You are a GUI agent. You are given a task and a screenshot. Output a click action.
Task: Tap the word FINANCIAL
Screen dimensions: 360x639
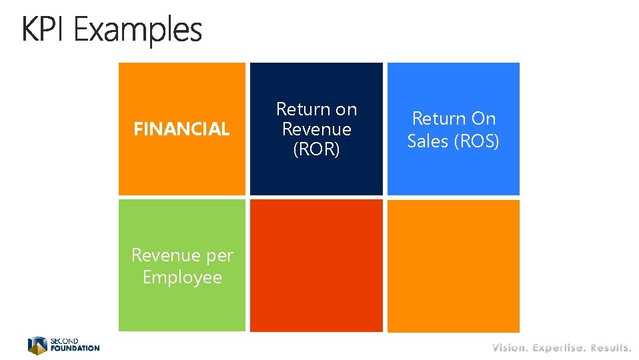tap(181, 129)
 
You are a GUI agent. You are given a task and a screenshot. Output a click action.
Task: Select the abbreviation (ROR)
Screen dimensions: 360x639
tap(317, 149)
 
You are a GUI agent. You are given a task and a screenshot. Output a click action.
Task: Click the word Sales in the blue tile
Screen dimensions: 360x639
tap(428, 141)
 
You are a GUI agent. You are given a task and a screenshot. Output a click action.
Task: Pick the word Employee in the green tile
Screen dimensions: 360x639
tap(182, 277)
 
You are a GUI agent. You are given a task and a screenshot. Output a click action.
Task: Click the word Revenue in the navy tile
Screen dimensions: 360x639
tap(317, 129)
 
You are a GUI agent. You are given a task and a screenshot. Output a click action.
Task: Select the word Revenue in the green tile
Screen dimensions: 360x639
tap(165, 255)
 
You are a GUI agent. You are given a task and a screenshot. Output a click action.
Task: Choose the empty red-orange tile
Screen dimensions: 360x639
tap(316, 265)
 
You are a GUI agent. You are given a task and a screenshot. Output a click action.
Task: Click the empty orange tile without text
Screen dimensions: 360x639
tap(453, 265)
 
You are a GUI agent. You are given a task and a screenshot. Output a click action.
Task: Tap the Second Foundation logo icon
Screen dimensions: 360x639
tap(37, 345)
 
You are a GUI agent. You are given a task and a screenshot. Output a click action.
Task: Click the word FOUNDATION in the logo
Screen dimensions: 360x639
tap(75, 348)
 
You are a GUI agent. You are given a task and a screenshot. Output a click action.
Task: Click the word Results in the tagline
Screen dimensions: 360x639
tap(610, 347)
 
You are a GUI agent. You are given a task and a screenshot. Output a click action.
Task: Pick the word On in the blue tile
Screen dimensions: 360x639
tap(484, 119)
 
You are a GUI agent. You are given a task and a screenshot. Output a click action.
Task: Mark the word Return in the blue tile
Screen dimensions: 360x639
tap(434, 119)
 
